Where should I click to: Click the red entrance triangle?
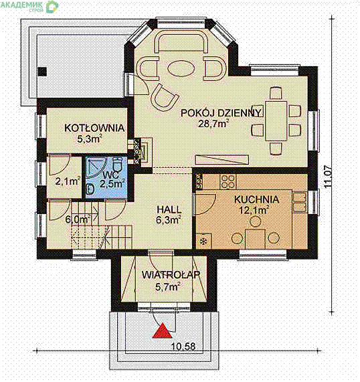point(162,331)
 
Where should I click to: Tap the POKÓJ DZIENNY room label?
point(221,113)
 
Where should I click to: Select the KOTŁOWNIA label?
point(94,128)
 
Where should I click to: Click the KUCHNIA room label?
point(256,199)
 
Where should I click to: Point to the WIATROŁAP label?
point(171,275)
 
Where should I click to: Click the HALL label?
point(169,209)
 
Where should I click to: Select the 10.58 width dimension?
point(183,346)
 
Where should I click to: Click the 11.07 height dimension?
point(328,177)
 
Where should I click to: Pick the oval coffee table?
point(181,68)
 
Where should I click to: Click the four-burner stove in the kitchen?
point(228,181)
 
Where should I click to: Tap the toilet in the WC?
point(118,164)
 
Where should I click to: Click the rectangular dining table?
point(276,120)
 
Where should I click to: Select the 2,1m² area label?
point(68,181)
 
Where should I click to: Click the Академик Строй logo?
point(29,6)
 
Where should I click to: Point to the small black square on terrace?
point(42,72)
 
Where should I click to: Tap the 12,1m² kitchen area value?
point(254,210)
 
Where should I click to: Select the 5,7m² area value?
point(168,286)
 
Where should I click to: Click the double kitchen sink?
point(300,201)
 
